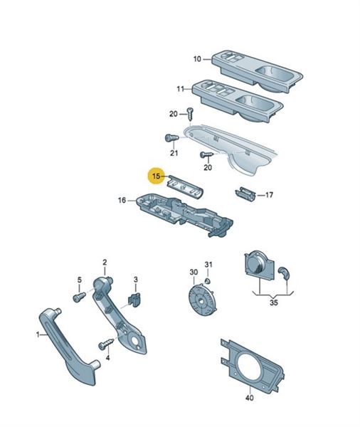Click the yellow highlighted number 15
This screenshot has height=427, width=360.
pyautogui.click(x=157, y=176)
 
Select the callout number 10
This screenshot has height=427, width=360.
pyautogui.click(x=197, y=59)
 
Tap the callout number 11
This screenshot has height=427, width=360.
pyautogui.click(x=180, y=89)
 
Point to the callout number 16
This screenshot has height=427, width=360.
pyautogui.click(x=122, y=201)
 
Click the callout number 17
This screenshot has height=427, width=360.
pyautogui.click(x=269, y=195)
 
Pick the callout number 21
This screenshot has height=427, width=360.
pyautogui.click(x=174, y=153)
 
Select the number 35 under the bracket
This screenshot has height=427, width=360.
pyautogui.click(x=274, y=302)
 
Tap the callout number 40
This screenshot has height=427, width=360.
pyautogui.click(x=250, y=398)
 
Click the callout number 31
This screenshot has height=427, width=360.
pyautogui.click(x=208, y=265)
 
